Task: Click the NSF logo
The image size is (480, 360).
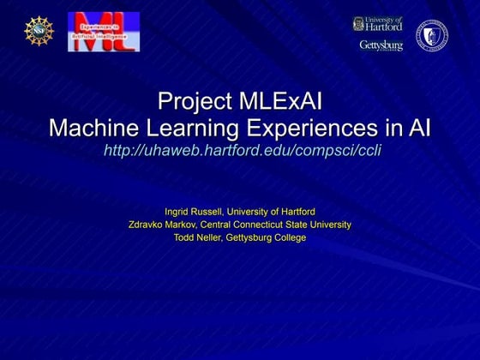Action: click(39, 31)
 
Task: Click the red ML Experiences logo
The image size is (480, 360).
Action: click(103, 31)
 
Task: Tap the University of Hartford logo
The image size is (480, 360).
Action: click(377, 23)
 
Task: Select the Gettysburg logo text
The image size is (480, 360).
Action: click(381, 45)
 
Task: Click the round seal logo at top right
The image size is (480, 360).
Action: click(432, 35)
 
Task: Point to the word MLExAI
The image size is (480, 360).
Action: click(279, 102)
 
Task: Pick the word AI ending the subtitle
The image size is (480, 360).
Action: click(418, 128)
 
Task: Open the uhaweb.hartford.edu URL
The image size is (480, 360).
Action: click(241, 151)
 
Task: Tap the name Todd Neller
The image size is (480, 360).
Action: click(197, 237)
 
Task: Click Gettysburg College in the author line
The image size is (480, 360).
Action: click(266, 237)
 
